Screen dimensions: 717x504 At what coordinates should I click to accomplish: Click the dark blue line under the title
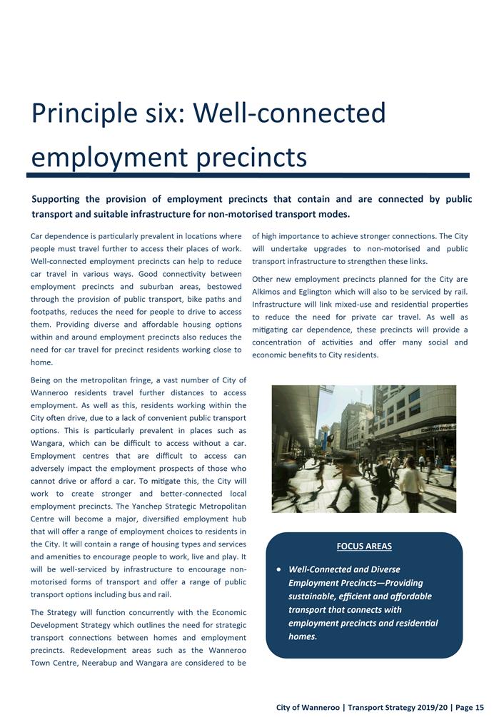coord(248,175)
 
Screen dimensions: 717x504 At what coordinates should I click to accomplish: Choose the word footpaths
coord(54,312)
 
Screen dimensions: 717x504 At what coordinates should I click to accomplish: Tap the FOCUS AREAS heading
coord(364,546)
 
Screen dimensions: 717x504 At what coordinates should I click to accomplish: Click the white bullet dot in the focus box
coord(278,570)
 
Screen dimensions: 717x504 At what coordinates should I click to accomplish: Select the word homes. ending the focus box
coord(303,636)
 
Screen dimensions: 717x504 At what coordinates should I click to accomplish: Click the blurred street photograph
coord(364,449)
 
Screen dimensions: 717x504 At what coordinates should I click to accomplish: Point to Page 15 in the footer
coord(469,707)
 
